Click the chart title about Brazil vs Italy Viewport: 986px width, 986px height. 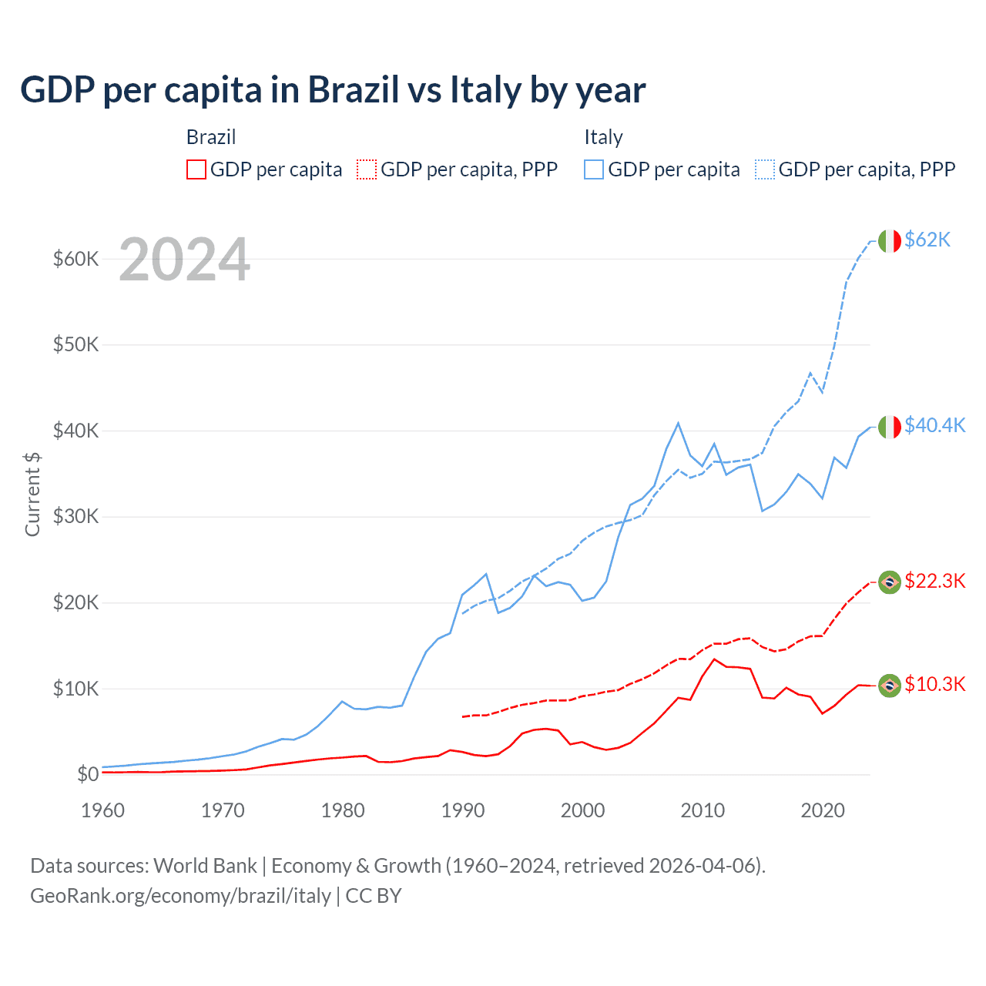click(x=333, y=90)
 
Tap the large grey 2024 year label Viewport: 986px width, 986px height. click(x=185, y=260)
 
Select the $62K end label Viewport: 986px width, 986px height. click(x=927, y=240)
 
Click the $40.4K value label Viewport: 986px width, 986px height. click(x=934, y=425)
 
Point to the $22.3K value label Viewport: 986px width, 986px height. click(x=934, y=581)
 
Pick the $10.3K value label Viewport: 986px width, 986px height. click(x=934, y=684)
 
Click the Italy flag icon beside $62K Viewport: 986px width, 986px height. click(x=890, y=241)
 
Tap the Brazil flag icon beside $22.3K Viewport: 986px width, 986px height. click(x=890, y=582)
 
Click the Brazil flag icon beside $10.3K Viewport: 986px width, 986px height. click(x=890, y=686)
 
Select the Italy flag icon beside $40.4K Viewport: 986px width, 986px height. click(x=890, y=427)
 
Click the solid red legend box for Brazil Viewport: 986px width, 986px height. click(x=196, y=169)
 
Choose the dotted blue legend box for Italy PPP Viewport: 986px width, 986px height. click(x=765, y=169)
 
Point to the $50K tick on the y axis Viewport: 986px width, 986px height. click(x=75, y=344)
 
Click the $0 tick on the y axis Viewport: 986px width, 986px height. click(x=88, y=774)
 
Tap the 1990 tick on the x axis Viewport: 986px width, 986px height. click(x=463, y=810)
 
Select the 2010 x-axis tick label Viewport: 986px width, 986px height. click(x=703, y=810)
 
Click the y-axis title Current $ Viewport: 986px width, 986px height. click(x=32, y=495)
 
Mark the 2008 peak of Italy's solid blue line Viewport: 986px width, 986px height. click(x=678, y=423)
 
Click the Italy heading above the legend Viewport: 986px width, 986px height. click(x=603, y=137)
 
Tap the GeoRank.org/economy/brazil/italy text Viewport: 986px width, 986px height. click(x=180, y=896)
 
